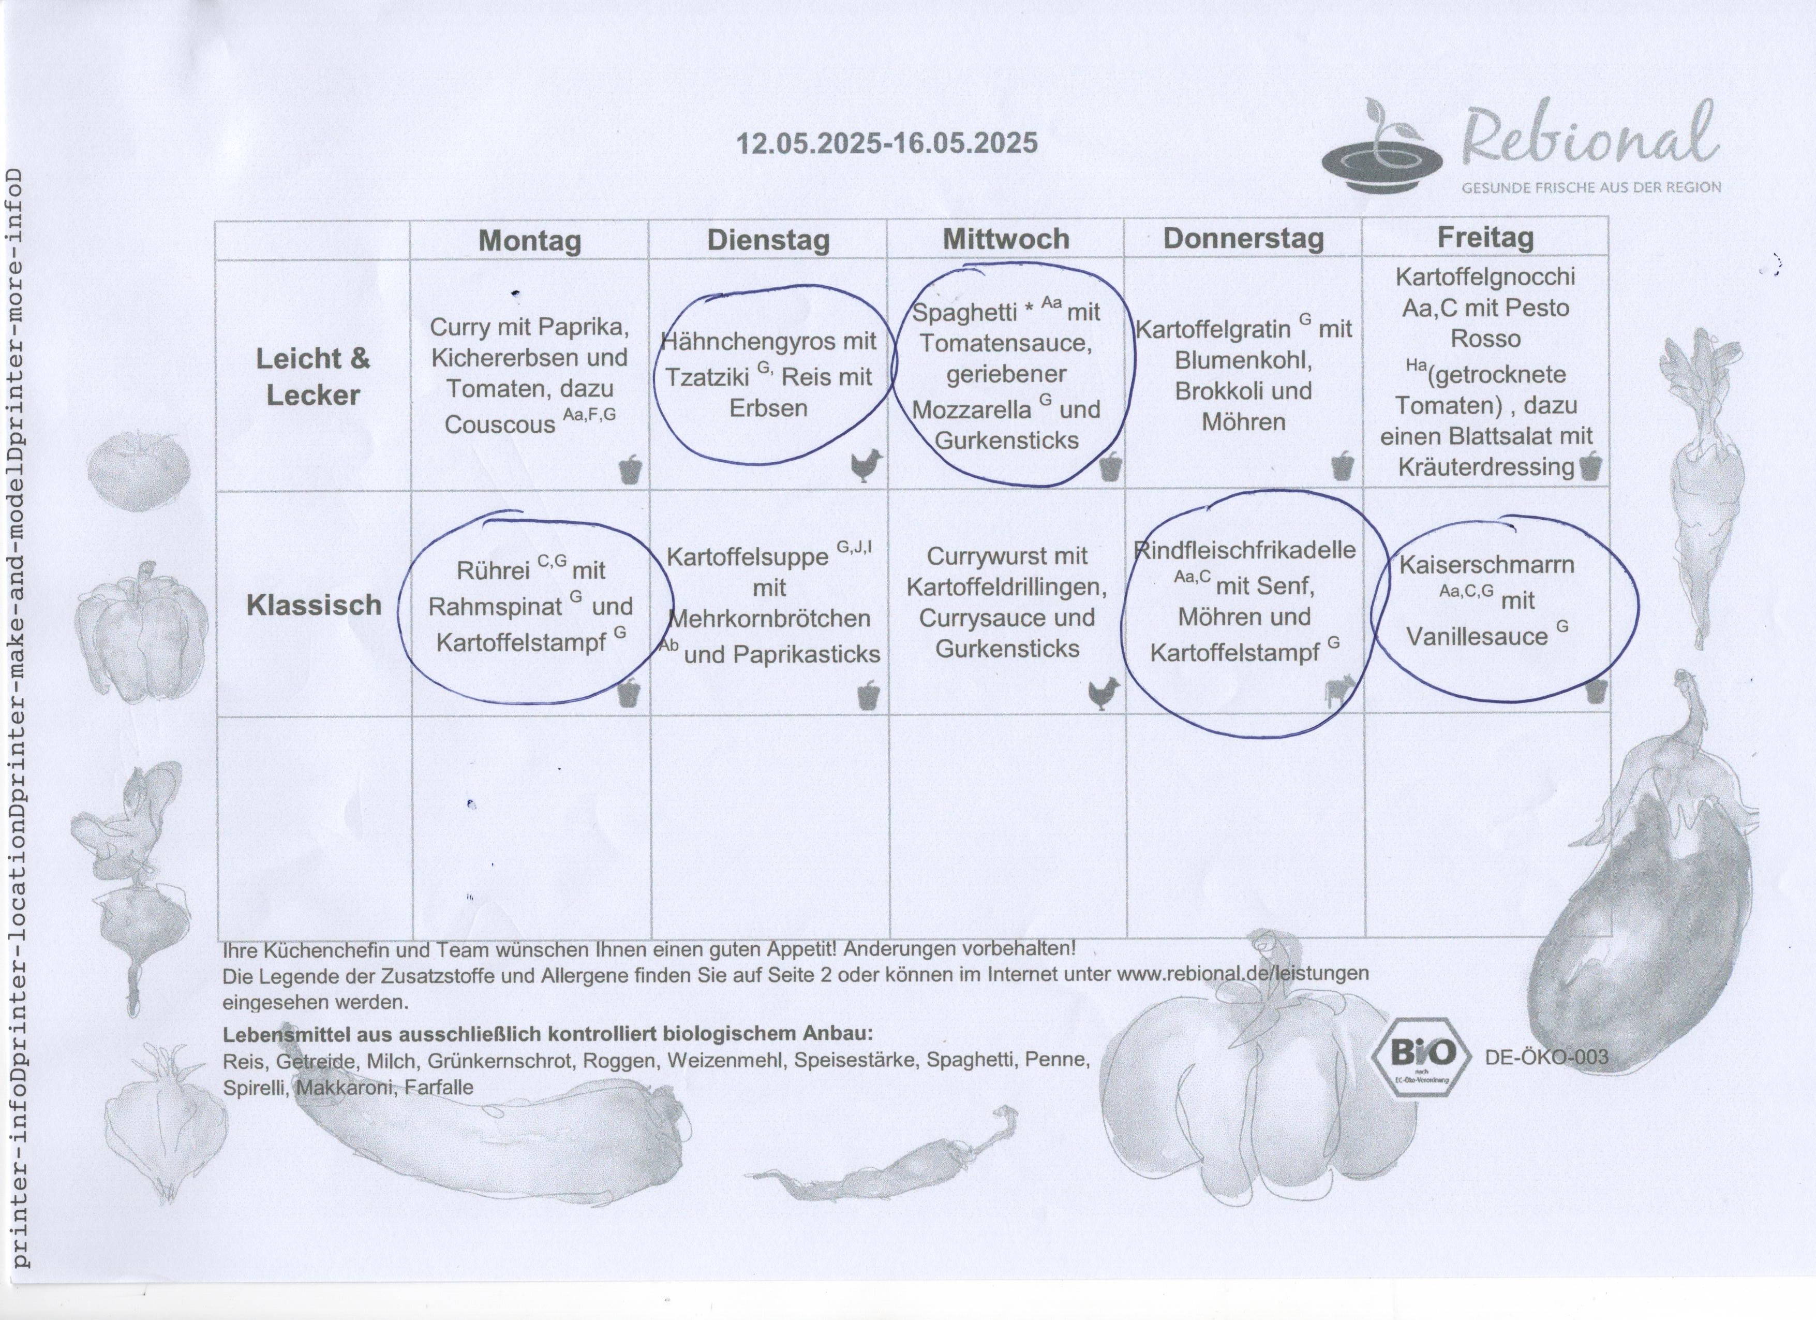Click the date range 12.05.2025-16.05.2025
click(x=886, y=143)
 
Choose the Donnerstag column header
click(x=1243, y=239)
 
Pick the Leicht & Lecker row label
click(x=313, y=376)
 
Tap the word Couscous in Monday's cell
click(x=500, y=424)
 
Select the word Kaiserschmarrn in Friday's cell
click(x=1487, y=565)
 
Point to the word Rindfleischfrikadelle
click(x=1245, y=550)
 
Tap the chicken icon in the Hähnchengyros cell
click(x=866, y=464)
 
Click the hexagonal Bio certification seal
click(x=1421, y=1057)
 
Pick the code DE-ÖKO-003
click(x=1546, y=1057)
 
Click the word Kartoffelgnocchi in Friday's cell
click(x=1485, y=277)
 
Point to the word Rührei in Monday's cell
click(x=493, y=571)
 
